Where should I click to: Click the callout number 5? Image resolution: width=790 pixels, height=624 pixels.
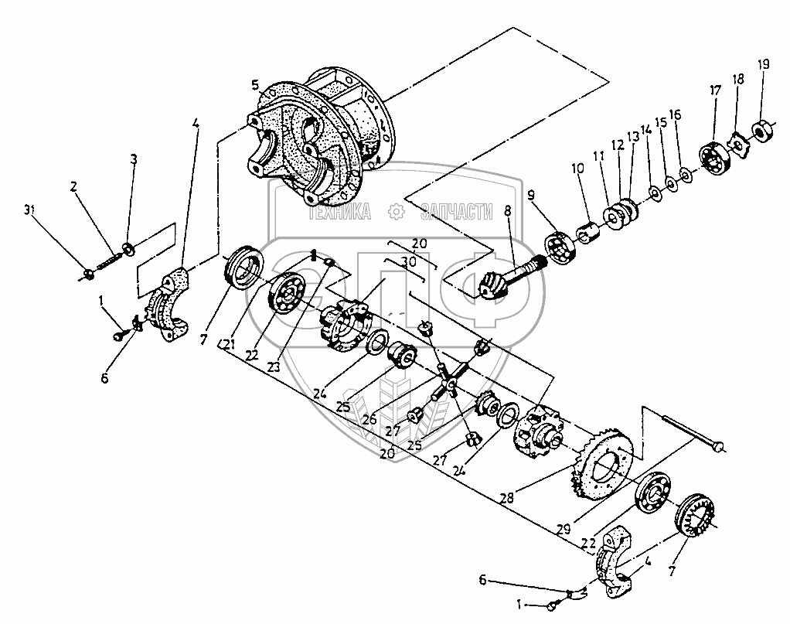pyautogui.click(x=255, y=83)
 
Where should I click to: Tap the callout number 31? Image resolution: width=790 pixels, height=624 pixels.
pyautogui.click(x=29, y=210)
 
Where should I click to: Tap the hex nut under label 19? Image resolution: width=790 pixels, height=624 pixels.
pyautogui.click(x=763, y=129)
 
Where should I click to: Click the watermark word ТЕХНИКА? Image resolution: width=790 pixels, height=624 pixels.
pyautogui.click(x=340, y=210)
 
